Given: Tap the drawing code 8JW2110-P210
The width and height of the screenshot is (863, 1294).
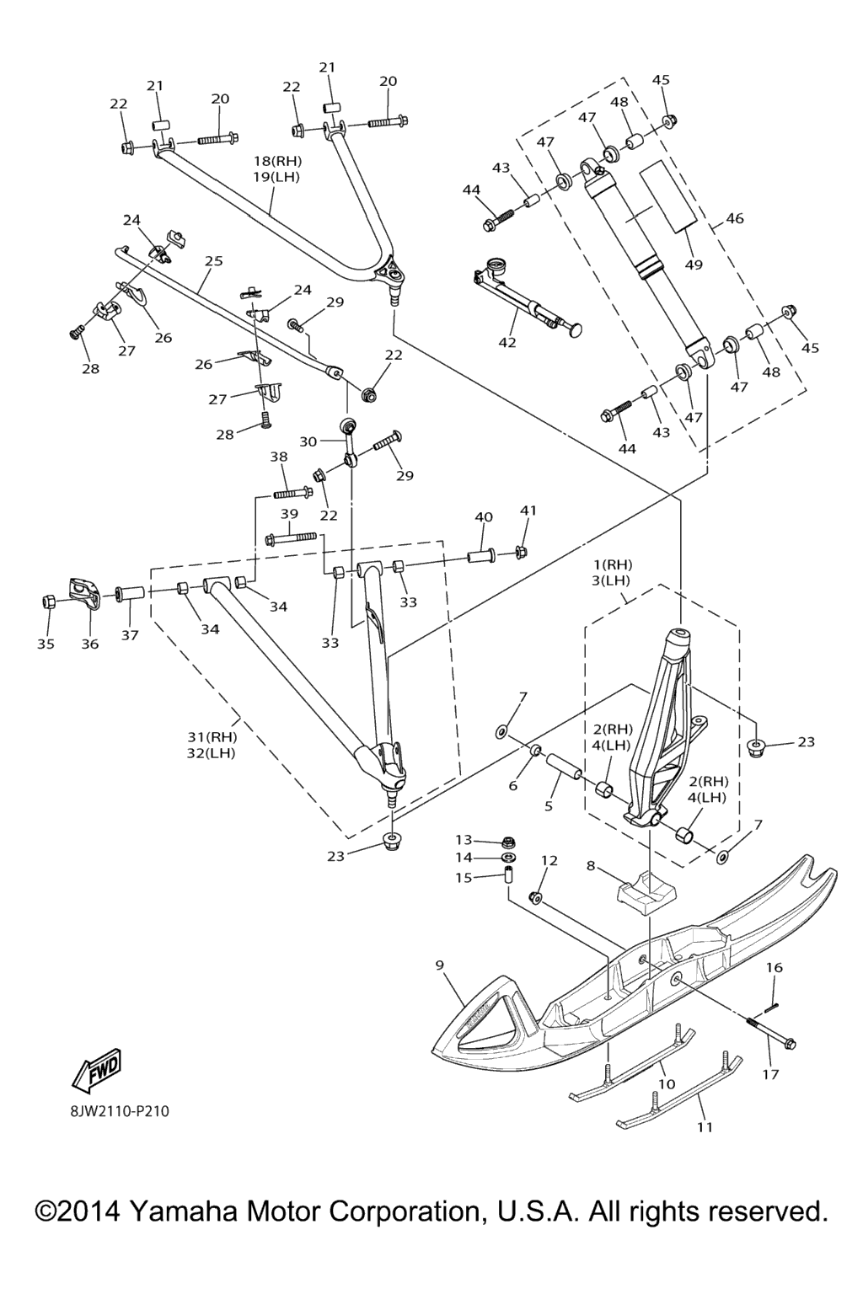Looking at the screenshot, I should click(x=120, y=1111).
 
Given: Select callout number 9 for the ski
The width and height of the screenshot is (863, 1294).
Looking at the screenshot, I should click(x=440, y=965).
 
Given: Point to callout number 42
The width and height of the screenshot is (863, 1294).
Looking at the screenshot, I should click(x=507, y=342).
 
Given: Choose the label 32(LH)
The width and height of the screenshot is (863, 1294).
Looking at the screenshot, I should click(x=212, y=753).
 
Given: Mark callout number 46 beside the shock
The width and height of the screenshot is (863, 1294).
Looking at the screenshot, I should click(x=735, y=218).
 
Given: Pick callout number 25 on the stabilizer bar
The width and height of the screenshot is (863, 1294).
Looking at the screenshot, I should click(x=213, y=261).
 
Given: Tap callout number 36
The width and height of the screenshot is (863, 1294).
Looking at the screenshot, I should click(x=89, y=644).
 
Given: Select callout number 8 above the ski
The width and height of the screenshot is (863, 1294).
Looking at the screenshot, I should click(x=590, y=864).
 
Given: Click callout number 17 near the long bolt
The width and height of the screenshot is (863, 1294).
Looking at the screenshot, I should click(x=770, y=1074).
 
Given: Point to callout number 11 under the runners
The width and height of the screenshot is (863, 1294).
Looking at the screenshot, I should click(x=705, y=1126).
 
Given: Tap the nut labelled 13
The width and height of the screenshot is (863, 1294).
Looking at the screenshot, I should click(x=509, y=841).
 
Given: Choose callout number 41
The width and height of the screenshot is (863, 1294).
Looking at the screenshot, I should click(x=528, y=511).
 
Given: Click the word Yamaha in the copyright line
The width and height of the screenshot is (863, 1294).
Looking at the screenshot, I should click(x=185, y=1211).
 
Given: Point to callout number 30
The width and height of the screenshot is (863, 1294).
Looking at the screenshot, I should click(x=308, y=441).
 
